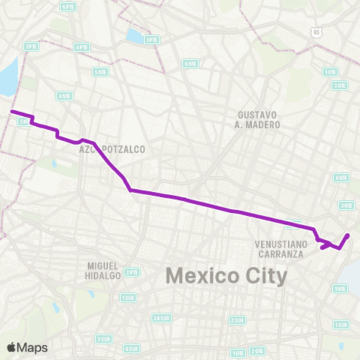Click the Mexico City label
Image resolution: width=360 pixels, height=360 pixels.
(226, 277)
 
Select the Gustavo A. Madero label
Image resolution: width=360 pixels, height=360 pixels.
(258, 119)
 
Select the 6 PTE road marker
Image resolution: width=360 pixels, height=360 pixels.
(68, 6)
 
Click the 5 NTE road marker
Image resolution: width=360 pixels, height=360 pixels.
(100, 72)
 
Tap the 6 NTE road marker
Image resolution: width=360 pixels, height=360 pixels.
(190, 63)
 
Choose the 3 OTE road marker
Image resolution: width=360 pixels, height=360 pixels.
(340, 85)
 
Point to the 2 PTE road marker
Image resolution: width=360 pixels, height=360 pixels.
(132, 271)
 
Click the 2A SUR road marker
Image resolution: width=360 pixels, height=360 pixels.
(161, 318)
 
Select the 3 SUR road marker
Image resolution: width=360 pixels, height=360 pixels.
(103, 338)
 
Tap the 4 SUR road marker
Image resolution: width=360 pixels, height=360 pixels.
(131, 348)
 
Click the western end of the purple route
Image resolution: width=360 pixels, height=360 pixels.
(11, 112)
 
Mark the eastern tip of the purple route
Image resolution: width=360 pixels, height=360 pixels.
(349, 235)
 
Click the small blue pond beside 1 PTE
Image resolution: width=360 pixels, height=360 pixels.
(136, 34)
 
